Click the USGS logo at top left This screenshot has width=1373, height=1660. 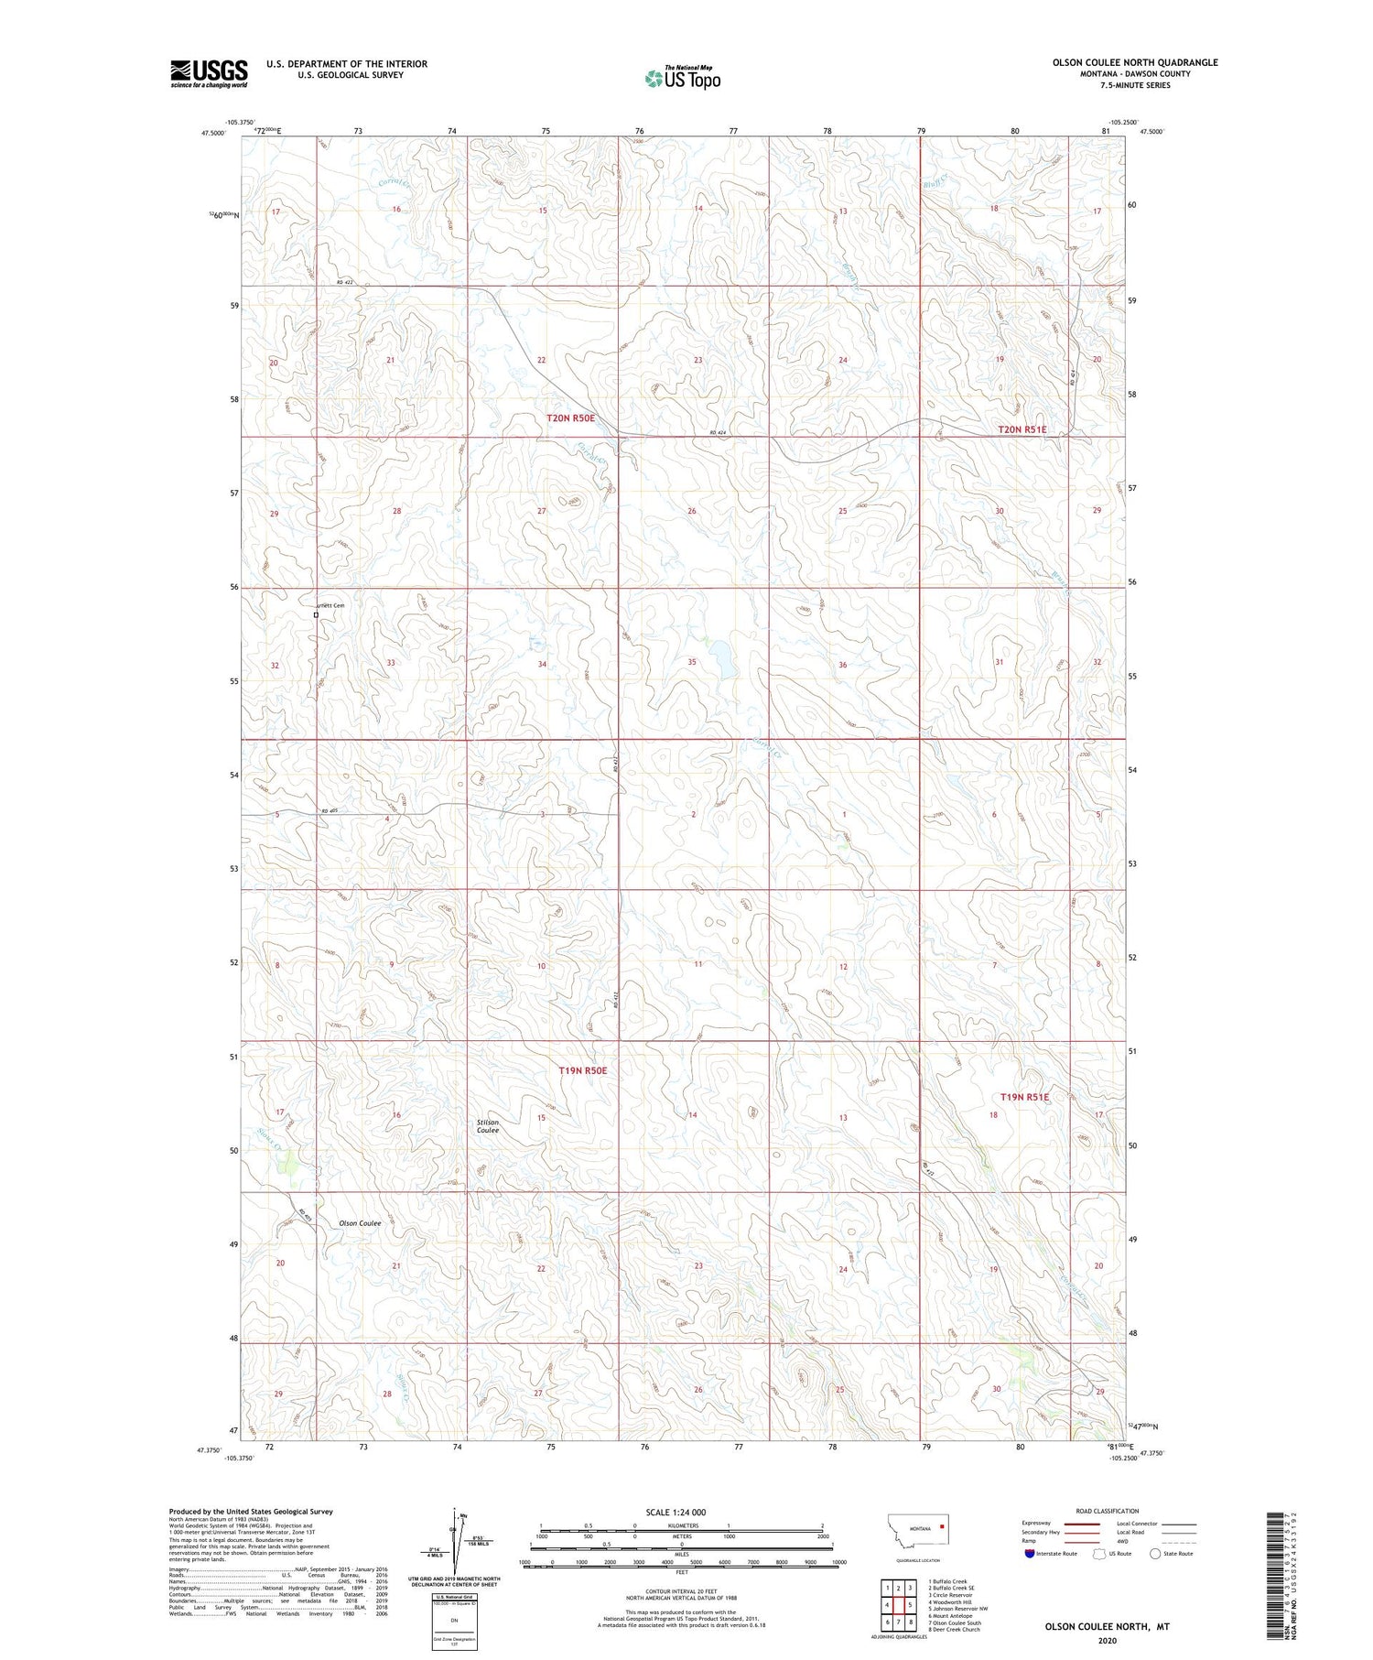point(209,73)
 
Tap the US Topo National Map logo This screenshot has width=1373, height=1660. point(682,78)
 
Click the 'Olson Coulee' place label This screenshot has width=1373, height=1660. point(360,1223)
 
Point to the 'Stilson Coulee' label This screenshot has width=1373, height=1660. point(488,1126)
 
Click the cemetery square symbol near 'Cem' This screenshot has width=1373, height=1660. point(316,615)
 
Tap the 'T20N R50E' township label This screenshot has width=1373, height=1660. point(570,418)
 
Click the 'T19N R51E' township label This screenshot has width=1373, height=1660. point(1024,1097)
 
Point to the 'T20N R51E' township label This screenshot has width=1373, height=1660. point(1022,429)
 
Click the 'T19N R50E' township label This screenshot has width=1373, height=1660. point(583,1070)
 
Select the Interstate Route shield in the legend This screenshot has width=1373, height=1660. point(1031,1554)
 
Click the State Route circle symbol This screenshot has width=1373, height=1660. point(1155,1554)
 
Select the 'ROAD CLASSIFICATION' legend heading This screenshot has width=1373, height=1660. point(1108,1511)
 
